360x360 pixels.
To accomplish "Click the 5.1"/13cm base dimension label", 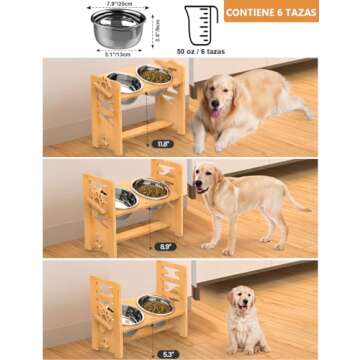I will [117, 53].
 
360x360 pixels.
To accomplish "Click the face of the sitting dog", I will [240, 299].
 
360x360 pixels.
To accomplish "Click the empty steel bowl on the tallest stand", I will [123, 81].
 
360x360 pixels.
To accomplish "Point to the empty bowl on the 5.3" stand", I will [131, 315].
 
